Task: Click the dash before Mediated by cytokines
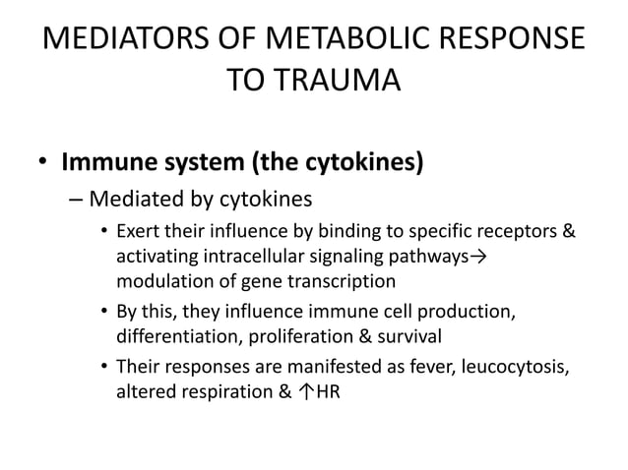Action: pos(76,200)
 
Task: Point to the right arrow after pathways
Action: pos(480,259)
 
